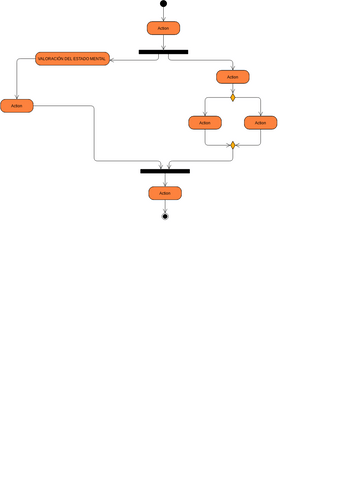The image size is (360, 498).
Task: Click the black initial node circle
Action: pyautogui.click(x=163, y=4)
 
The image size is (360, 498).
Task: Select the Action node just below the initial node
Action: pyautogui.click(x=163, y=28)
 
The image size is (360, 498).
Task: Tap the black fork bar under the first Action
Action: pyautogui.click(x=163, y=52)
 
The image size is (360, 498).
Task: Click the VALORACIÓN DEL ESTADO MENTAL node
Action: pyautogui.click(x=73, y=60)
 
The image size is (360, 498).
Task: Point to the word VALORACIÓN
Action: pyautogui.click(x=51, y=60)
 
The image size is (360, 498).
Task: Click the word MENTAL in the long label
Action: pyautogui.click(x=98, y=60)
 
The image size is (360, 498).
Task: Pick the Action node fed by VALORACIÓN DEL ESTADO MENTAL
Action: pyautogui.click(x=17, y=105)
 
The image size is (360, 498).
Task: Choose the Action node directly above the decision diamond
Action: pyautogui.click(x=233, y=77)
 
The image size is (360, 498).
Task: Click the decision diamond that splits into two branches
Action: pyautogui.click(x=233, y=98)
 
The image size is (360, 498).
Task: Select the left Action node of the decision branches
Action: pyautogui.click(x=205, y=122)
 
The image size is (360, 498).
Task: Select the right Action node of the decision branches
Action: pyautogui.click(x=261, y=122)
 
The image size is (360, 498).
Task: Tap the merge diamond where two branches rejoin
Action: pyautogui.click(x=233, y=145)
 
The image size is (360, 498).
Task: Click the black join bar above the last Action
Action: pyautogui.click(x=165, y=171)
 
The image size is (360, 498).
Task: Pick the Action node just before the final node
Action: pyautogui.click(x=165, y=193)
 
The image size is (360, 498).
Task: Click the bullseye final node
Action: pyautogui.click(x=165, y=216)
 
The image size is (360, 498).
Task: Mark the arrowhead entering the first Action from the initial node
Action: pyautogui.click(x=163, y=19)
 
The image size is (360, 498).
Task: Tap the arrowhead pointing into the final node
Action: pyautogui.click(x=165, y=209)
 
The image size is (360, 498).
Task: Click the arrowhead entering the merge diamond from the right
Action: pyautogui.click(x=239, y=145)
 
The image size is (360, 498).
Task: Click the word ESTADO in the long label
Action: pyautogui.click(x=79, y=60)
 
